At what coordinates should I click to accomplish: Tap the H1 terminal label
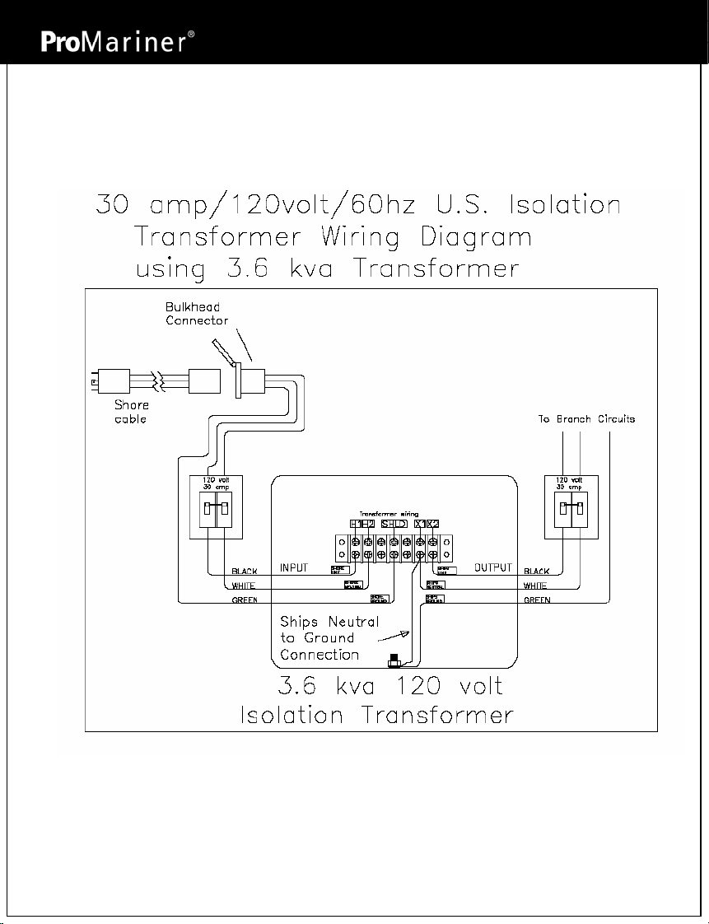pos(355,524)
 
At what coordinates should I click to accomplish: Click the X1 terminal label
pos(420,524)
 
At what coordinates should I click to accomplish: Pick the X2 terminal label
pos(433,524)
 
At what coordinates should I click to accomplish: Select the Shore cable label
pos(130,412)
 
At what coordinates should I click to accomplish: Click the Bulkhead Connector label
pos(196,314)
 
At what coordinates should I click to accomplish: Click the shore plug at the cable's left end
pos(106,381)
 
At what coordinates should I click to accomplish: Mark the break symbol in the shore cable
pos(162,382)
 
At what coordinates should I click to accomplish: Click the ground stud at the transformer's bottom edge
pos(394,660)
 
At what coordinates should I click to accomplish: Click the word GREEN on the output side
pos(538,600)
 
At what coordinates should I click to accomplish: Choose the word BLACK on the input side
pos(245,571)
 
